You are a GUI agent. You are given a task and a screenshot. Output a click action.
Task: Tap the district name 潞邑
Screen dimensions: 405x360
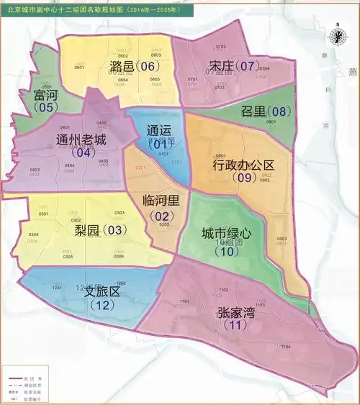pyautogui.click(x=123, y=67)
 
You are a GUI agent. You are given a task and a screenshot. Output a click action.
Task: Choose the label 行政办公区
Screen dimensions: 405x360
pyautogui.click(x=244, y=165)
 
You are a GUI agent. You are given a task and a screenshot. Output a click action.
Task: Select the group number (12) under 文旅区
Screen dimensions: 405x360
pyautogui.click(x=102, y=305)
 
